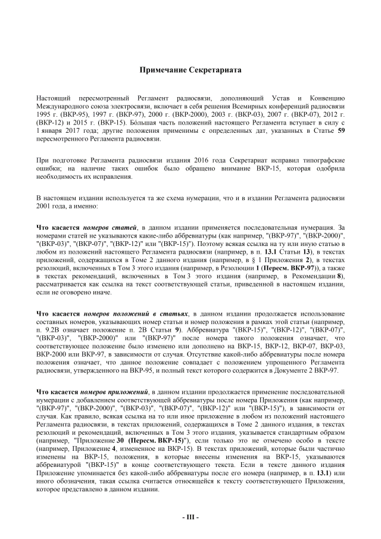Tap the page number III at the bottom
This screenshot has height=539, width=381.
click(190, 516)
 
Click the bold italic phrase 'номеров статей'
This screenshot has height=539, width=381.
click(110, 227)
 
